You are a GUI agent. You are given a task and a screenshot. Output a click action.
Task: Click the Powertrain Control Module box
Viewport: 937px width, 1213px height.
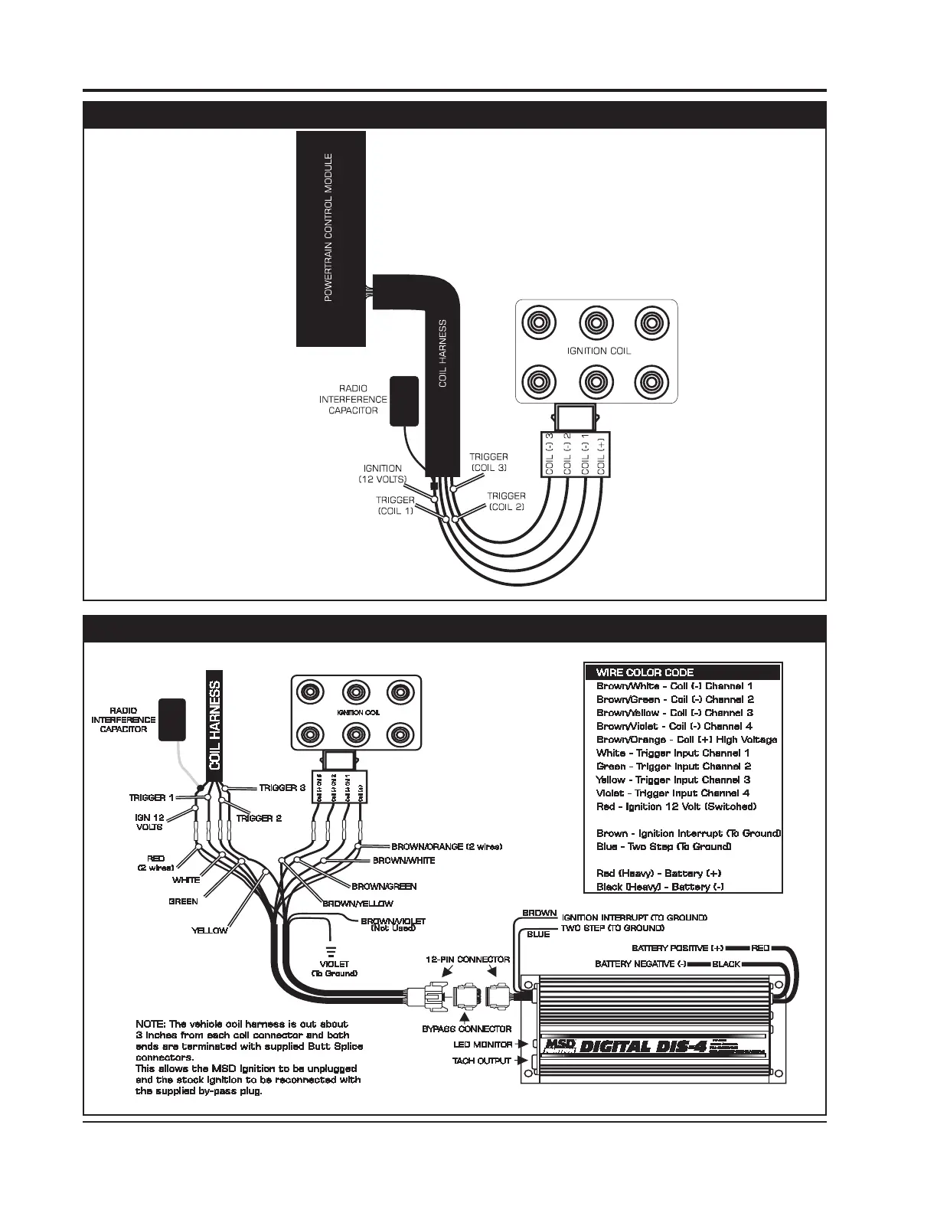point(330,237)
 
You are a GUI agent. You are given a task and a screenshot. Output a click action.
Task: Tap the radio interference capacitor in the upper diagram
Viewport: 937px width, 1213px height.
point(403,400)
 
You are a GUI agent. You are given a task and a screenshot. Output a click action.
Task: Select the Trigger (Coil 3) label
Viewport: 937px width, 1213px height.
point(488,462)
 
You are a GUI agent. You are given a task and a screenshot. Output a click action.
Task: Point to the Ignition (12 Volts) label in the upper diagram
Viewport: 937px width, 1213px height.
point(382,473)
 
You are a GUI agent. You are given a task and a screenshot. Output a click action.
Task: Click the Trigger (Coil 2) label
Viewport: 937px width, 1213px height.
point(506,501)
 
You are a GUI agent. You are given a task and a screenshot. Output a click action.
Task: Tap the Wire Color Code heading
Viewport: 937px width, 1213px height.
point(634,672)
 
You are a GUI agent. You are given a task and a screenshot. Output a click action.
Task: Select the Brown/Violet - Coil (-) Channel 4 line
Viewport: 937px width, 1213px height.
point(674,726)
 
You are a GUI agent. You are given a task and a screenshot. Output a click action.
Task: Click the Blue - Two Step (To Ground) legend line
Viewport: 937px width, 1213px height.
point(663,846)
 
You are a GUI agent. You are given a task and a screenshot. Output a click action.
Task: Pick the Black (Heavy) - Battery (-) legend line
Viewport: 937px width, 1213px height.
point(660,887)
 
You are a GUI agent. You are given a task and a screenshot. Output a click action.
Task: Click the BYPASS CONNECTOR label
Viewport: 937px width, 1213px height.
point(467,1028)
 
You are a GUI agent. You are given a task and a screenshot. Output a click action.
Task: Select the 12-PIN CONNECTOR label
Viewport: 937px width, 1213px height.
point(468,959)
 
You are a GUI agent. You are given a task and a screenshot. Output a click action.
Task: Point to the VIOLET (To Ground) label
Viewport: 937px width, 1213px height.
point(334,969)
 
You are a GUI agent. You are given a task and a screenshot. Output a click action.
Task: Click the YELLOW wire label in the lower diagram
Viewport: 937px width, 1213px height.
point(209,930)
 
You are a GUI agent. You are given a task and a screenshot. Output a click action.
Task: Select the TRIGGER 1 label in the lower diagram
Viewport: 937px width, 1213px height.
point(151,798)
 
